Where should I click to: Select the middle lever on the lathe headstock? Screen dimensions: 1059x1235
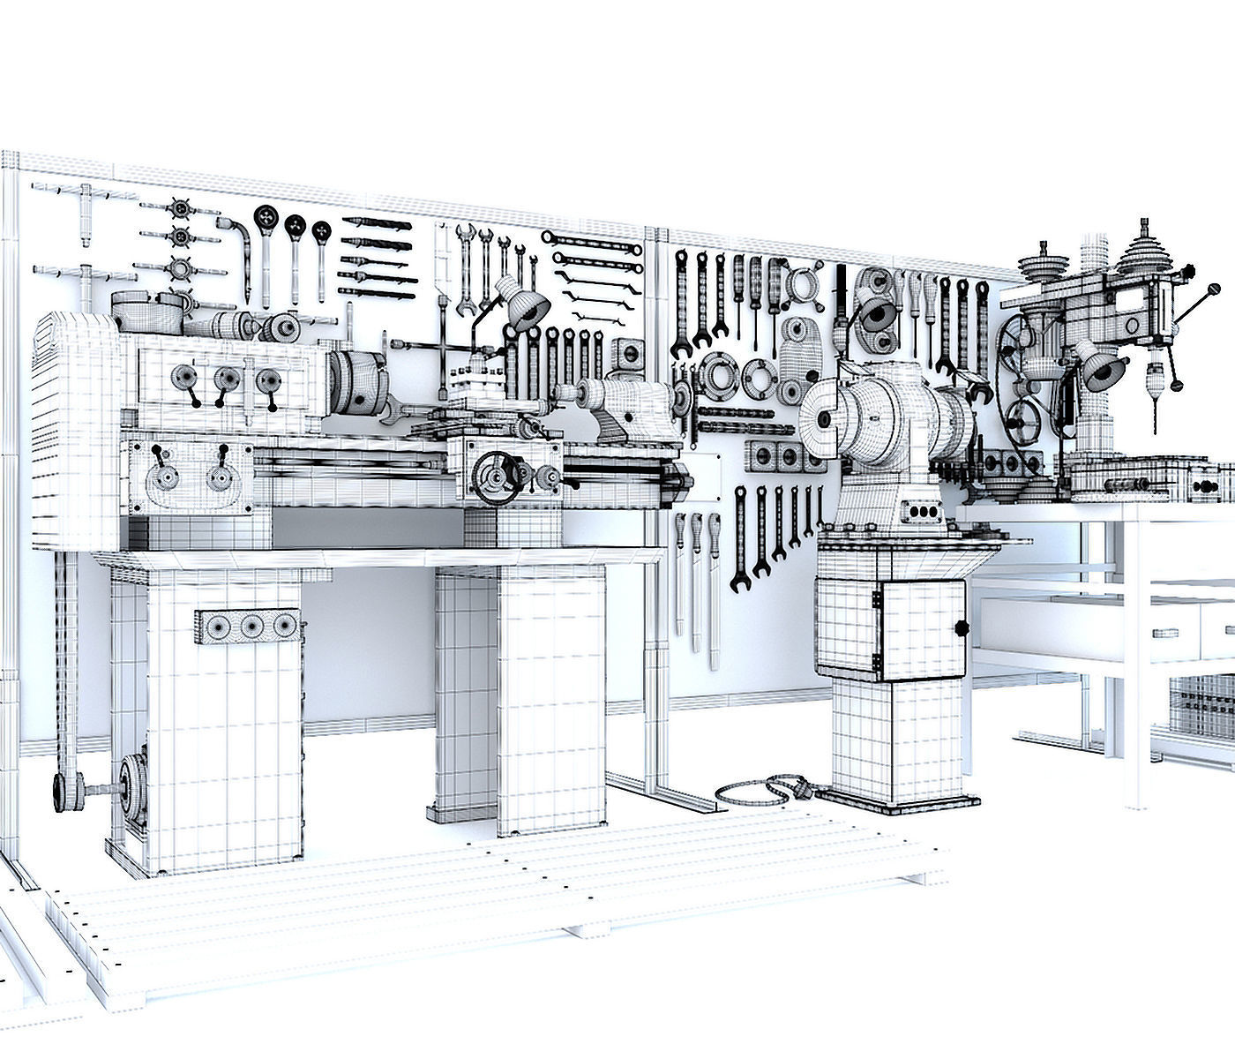coord(226,379)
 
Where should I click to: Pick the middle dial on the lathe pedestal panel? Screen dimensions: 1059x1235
coord(252,626)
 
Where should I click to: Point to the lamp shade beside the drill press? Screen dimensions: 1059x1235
coord(1101,372)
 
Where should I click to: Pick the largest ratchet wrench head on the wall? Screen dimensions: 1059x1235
coord(266,217)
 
